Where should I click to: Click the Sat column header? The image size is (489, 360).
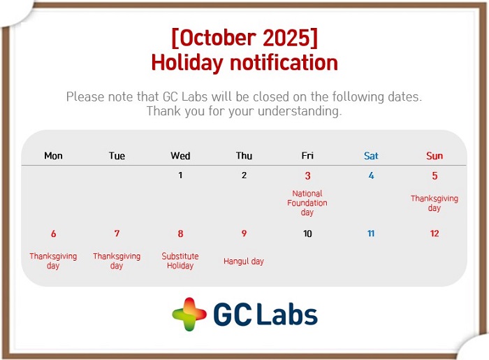[371, 156]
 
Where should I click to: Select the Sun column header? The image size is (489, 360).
[435, 156]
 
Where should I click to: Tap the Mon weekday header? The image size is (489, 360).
[53, 156]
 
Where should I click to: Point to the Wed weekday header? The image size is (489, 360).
[180, 156]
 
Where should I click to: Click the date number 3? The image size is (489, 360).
[307, 175]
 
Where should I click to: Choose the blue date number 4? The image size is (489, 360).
[371, 175]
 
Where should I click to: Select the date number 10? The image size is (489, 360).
[307, 233]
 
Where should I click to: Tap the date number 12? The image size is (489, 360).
[435, 233]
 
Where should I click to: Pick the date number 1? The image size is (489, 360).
[180, 175]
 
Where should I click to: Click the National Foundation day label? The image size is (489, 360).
[307, 203]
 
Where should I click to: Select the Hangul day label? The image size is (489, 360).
[244, 261]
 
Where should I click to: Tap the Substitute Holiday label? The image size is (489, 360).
[180, 261]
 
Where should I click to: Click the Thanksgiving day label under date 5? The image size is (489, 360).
[435, 203]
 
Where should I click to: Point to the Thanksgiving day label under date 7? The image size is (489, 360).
[117, 261]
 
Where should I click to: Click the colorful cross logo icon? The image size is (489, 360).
[189, 314]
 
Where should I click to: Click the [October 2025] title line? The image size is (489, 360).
[245, 38]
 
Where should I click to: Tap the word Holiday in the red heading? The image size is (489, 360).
[187, 63]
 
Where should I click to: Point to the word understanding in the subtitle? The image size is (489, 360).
[300, 111]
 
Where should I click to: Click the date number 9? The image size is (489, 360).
[244, 233]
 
